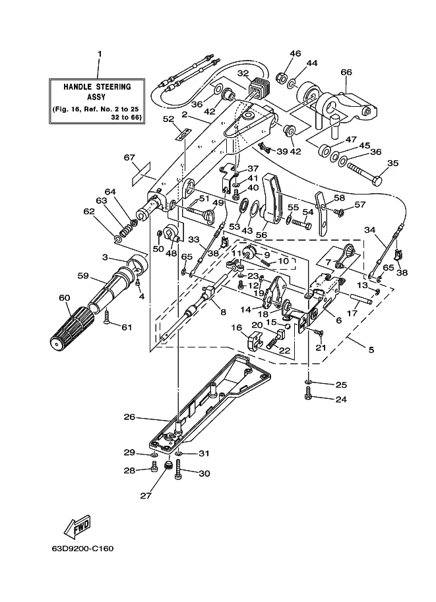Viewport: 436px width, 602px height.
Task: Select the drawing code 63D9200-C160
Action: click(82, 548)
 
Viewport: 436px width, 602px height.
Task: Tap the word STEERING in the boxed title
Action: click(113, 87)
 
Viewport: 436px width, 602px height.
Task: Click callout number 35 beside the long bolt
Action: click(392, 163)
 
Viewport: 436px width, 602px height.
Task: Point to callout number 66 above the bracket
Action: click(346, 72)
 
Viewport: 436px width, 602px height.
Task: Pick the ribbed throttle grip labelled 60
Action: click(72, 327)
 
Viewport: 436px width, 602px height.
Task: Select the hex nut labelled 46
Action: click(281, 78)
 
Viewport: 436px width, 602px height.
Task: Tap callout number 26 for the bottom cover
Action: click(129, 417)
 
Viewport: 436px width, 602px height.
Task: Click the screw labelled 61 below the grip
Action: click(107, 318)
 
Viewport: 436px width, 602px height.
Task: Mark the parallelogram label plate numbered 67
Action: click(142, 174)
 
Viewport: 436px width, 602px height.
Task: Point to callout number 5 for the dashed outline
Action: click(371, 349)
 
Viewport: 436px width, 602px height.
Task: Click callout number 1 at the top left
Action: click(100, 54)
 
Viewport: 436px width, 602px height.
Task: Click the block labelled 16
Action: click(254, 342)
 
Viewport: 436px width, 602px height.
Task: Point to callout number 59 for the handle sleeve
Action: click(83, 276)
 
